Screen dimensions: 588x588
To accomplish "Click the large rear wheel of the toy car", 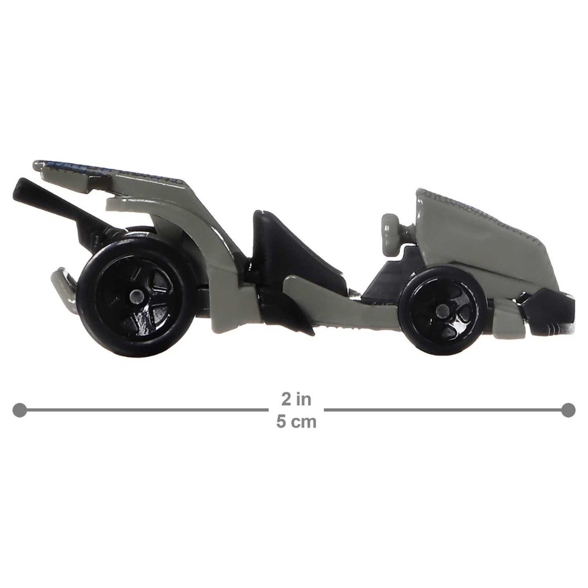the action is point(136,296).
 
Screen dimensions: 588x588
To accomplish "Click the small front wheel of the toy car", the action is point(443,310).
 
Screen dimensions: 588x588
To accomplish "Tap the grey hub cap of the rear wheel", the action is point(136,297).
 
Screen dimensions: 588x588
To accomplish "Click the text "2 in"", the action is point(296,399).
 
